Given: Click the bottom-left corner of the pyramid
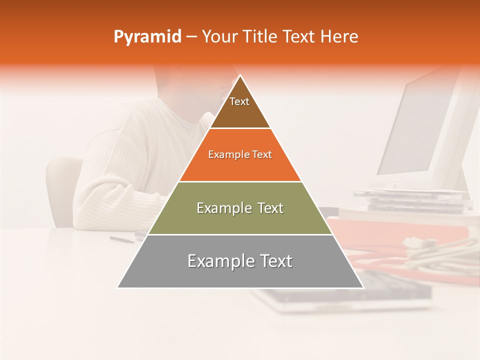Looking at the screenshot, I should pyautogui.click(x=118, y=287).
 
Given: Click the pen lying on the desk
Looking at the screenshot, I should pyautogui.click(x=122, y=239).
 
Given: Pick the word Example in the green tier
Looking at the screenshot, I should pyautogui.click(x=218, y=208).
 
